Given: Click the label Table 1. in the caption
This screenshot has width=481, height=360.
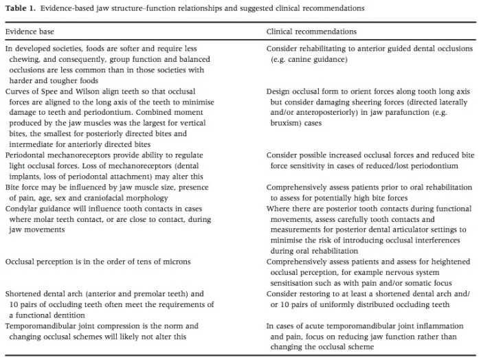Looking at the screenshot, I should (19, 8).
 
